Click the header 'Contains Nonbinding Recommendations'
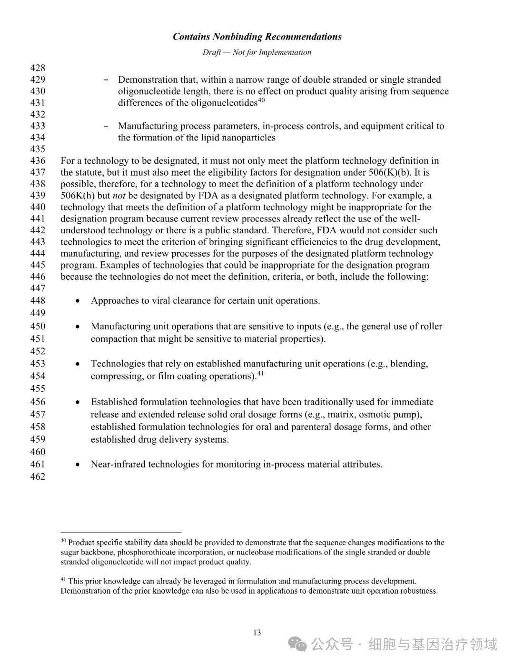(257, 37)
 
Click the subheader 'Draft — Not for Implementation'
(257, 52)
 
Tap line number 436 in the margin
(38, 161)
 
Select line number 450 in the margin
(38, 326)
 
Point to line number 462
(38, 476)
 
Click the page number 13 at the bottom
(257, 633)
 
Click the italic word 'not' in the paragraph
(119, 196)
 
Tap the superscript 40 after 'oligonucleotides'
(261, 101)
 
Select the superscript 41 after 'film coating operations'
(260, 374)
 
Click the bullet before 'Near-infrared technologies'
(78, 465)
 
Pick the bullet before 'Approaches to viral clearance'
(78, 301)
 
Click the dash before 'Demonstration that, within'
(106, 80)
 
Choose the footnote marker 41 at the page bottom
(63, 579)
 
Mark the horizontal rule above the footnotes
(121, 532)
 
